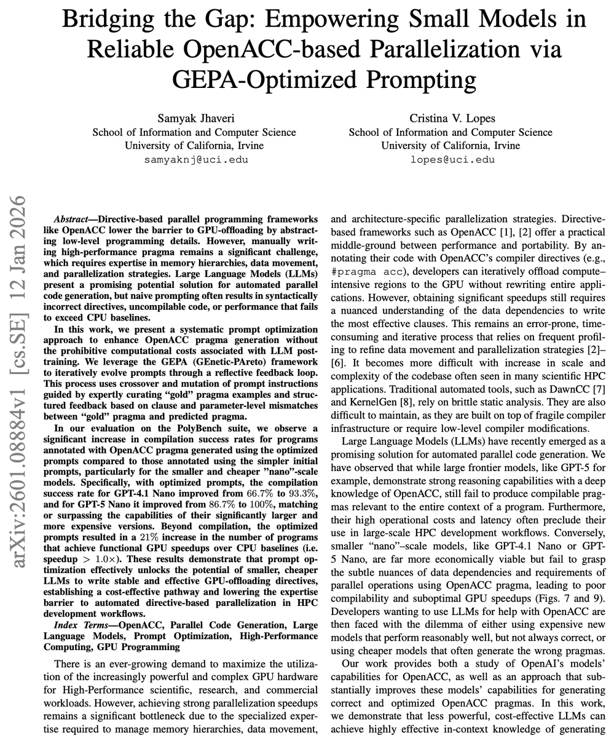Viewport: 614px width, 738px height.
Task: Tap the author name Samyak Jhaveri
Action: [x=194, y=117]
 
